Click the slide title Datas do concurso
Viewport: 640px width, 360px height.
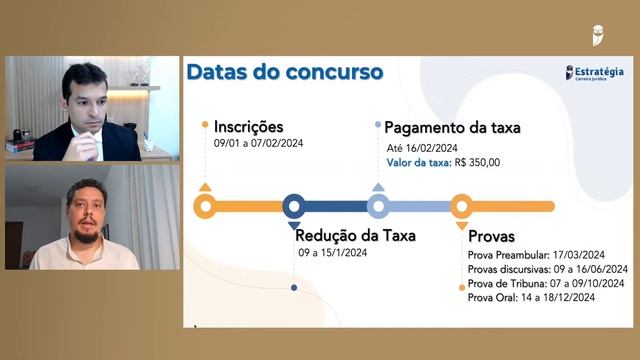coord(284,72)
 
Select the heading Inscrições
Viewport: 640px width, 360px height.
coord(248,127)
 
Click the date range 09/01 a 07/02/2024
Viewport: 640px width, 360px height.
coord(258,143)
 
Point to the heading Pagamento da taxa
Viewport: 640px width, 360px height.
coord(452,127)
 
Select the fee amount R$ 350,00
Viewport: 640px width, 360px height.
coord(477,162)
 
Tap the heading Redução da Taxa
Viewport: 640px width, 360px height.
coord(355,236)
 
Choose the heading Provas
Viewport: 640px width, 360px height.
coord(491,237)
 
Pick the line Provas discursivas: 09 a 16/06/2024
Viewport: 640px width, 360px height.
coord(547,269)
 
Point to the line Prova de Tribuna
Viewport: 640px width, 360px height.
coord(547,283)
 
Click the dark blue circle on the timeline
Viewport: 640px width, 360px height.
coord(293,207)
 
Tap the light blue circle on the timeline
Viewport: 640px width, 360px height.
coord(377,207)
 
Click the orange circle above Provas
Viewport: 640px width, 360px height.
coord(461,207)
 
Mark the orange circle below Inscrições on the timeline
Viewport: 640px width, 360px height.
coord(205,207)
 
